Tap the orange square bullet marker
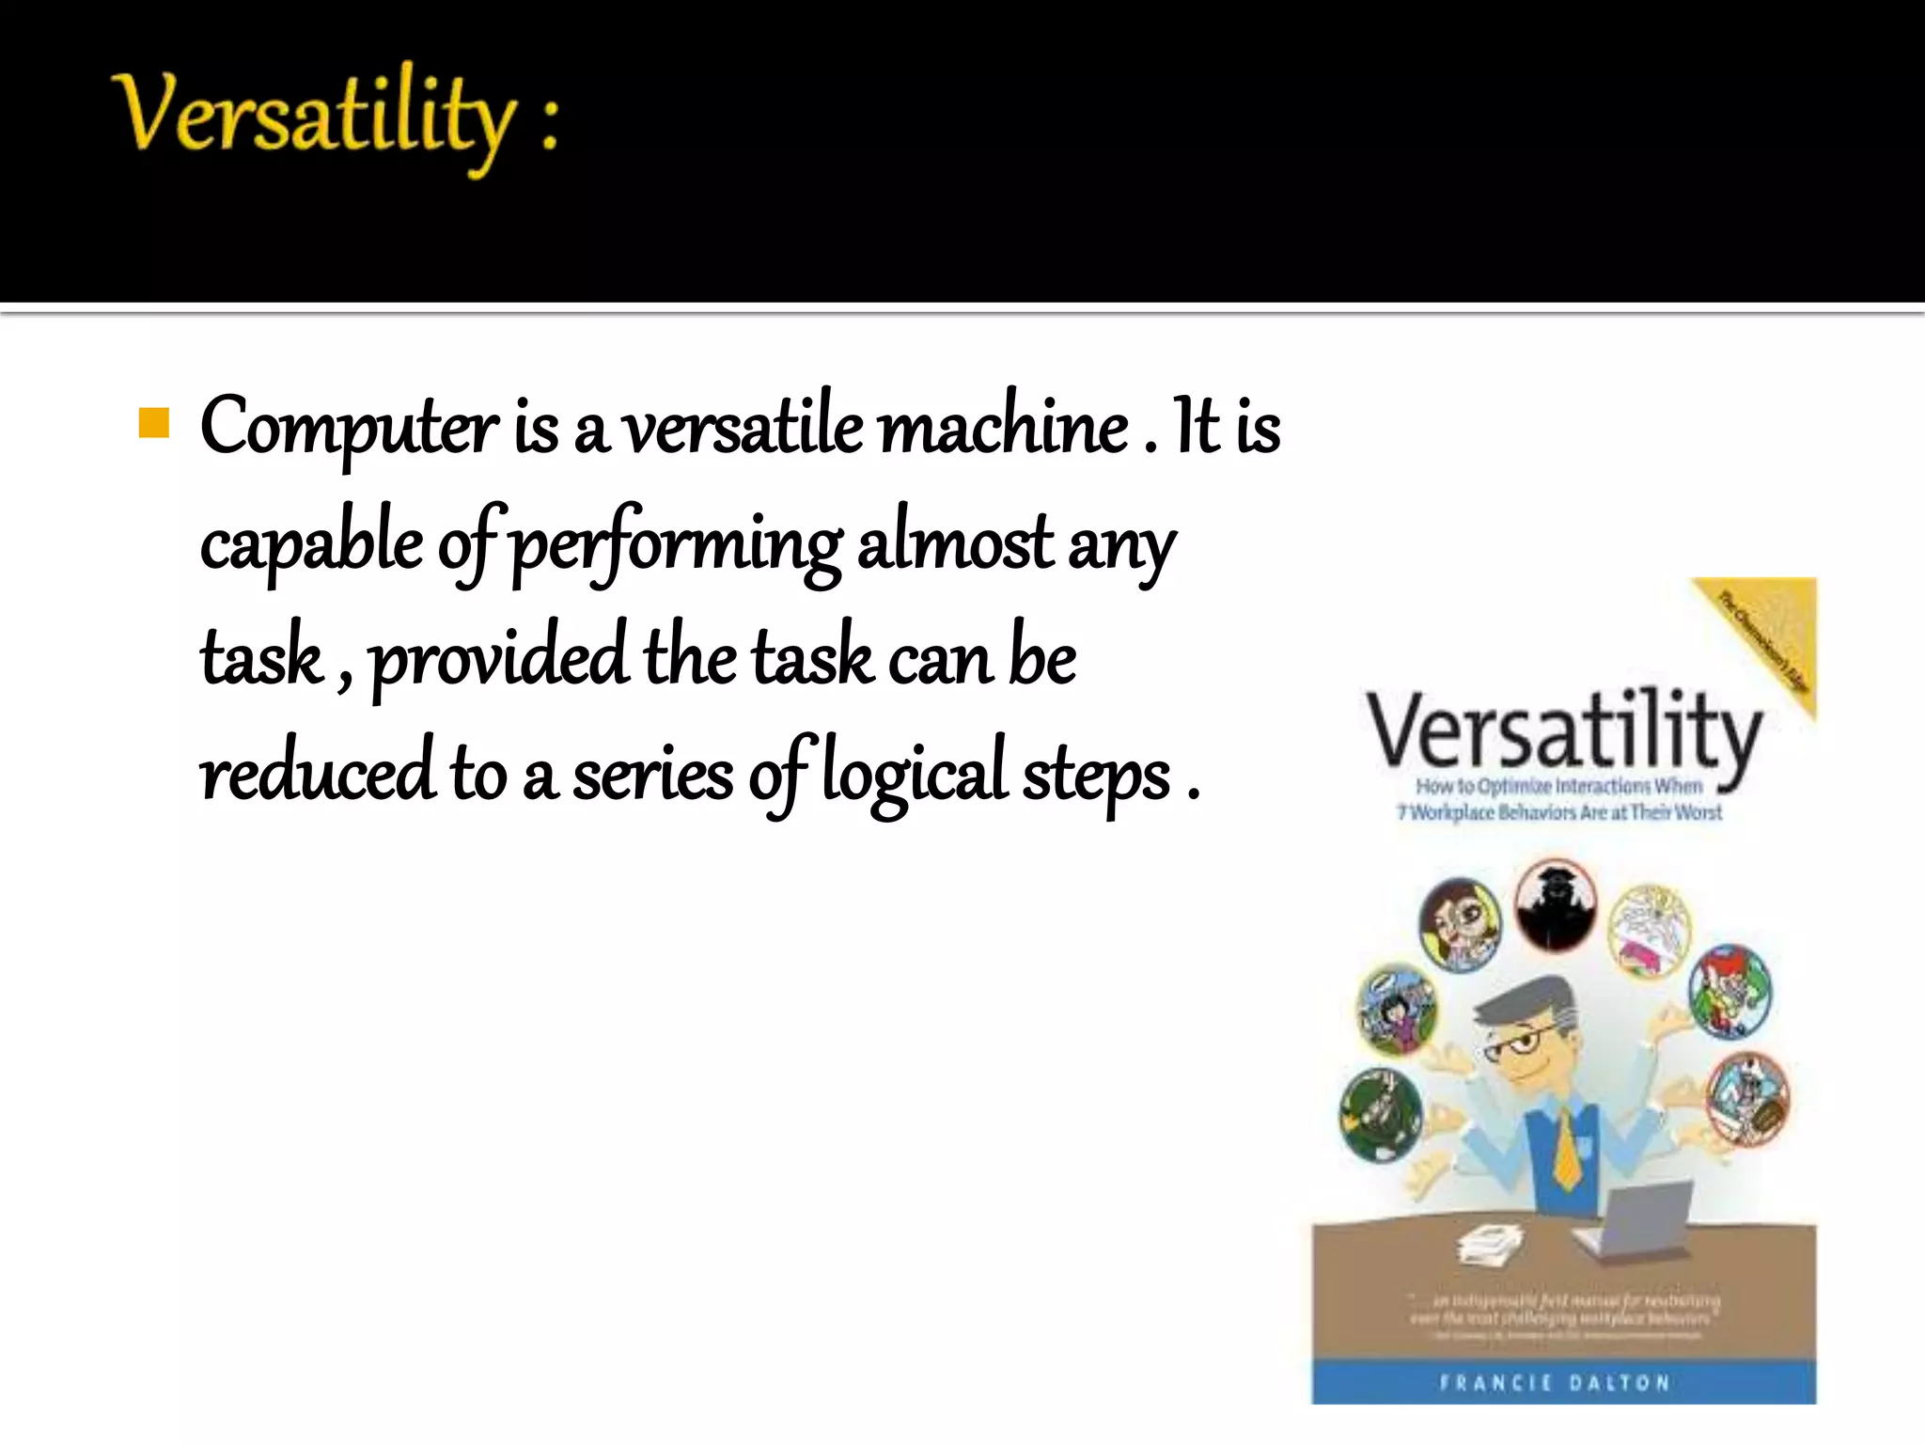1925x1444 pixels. tap(153, 423)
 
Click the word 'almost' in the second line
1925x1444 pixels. tap(956, 543)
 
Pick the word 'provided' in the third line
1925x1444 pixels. tap(499, 658)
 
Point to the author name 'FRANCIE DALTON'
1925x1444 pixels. tap(1555, 1383)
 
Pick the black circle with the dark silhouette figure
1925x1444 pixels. tap(1555, 903)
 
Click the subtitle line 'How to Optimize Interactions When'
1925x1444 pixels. tap(1558, 786)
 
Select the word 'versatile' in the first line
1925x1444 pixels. tap(743, 429)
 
